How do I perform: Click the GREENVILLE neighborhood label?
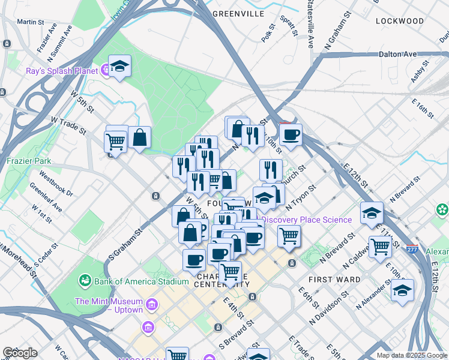pos(238,14)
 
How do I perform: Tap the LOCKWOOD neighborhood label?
pos(399,21)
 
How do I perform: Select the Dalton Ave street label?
pos(397,54)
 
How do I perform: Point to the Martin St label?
pos(31,22)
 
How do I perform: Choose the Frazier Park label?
pos(29,161)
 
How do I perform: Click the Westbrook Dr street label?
pos(56,185)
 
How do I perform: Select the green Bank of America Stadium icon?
pos(85,280)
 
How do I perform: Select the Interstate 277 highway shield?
pos(412,248)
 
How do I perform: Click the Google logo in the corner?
pos(20,353)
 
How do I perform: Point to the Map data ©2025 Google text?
pos(412,355)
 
